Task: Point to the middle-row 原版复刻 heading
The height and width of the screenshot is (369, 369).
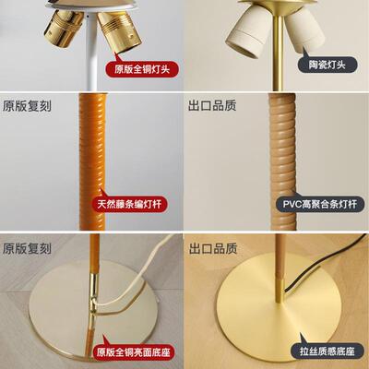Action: tap(27, 106)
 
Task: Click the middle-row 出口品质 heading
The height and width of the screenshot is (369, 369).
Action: tap(211, 106)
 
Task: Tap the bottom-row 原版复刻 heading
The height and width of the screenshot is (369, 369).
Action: tap(27, 248)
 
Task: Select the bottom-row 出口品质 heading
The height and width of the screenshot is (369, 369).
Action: tap(211, 248)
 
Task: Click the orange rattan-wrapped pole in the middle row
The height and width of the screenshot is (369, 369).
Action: tap(95, 157)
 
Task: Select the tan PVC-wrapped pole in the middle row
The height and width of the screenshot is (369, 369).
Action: tap(280, 157)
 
